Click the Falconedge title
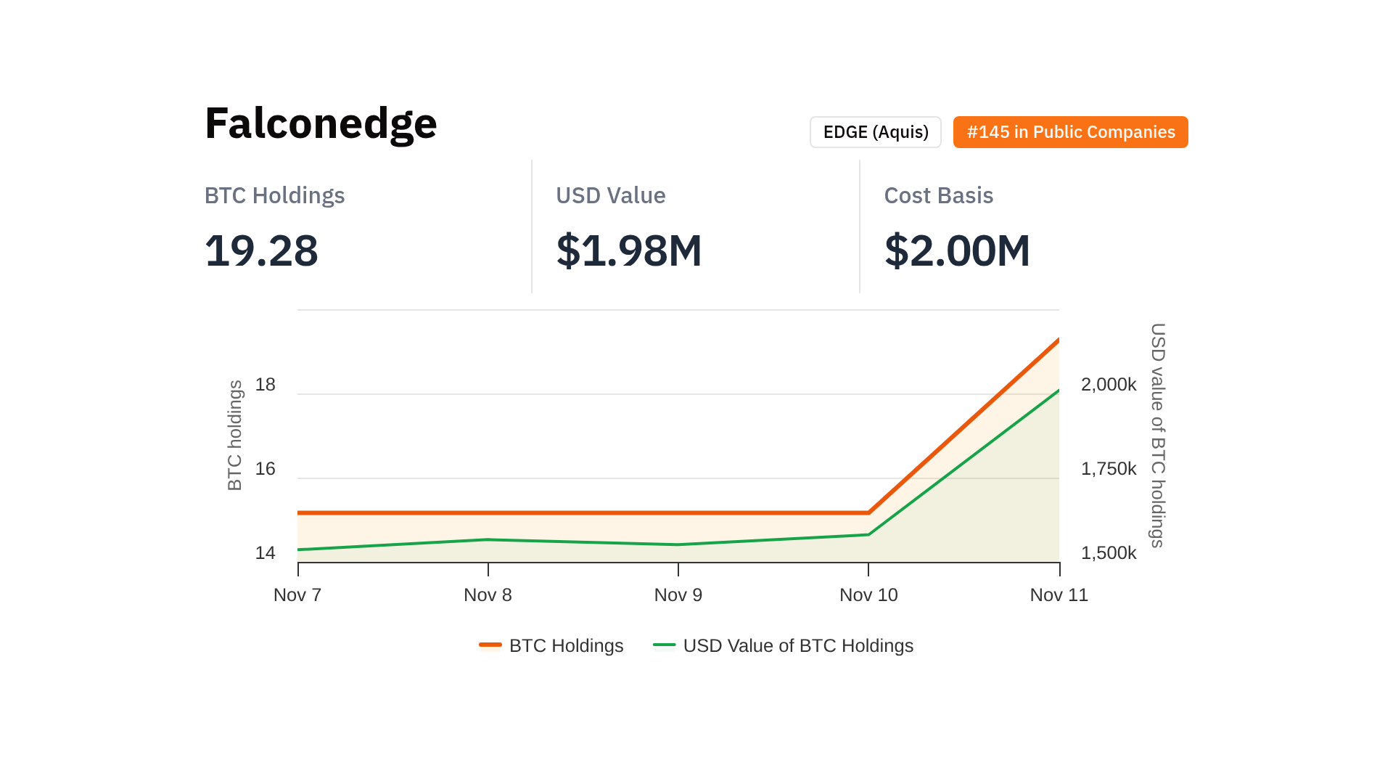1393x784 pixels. (321, 123)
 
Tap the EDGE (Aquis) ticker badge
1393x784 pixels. (875, 132)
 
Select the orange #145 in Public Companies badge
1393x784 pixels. (1070, 132)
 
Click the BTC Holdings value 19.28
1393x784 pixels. (261, 250)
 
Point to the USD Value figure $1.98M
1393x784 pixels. (628, 250)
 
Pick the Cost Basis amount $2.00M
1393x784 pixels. (956, 250)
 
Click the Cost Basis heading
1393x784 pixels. (938, 195)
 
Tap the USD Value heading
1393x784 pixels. (610, 195)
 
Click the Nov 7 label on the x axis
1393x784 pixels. (297, 595)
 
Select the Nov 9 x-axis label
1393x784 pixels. (678, 595)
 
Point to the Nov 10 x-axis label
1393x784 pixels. (868, 595)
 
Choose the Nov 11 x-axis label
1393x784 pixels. (1059, 595)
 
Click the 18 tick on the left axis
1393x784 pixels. (266, 385)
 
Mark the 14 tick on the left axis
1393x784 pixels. (266, 553)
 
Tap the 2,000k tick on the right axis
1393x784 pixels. (1109, 385)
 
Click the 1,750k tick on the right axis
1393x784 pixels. (1109, 469)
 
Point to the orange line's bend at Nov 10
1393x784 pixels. (868, 513)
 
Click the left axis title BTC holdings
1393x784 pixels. (234, 436)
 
